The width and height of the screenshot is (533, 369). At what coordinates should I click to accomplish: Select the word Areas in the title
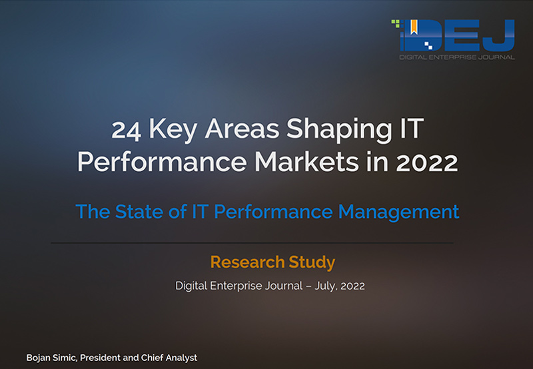point(242,129)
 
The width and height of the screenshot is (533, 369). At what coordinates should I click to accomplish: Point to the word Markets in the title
point(307,162)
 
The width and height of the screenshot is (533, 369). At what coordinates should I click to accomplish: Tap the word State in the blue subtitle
point(139,211)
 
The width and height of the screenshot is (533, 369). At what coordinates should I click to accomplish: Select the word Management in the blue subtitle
point(398,212)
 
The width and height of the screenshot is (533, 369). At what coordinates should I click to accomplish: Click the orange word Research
point(247,262)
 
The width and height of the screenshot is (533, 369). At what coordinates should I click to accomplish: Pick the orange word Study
point(312,262)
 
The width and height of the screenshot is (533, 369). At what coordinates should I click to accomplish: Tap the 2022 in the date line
point(352,286)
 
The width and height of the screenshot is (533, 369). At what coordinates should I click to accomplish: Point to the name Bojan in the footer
point(38,358)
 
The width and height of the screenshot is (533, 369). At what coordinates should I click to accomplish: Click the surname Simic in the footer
point(65,358)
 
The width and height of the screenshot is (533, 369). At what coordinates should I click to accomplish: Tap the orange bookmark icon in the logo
point(414,27)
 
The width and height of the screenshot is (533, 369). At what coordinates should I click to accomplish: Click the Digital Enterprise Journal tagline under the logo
point(457,57)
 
